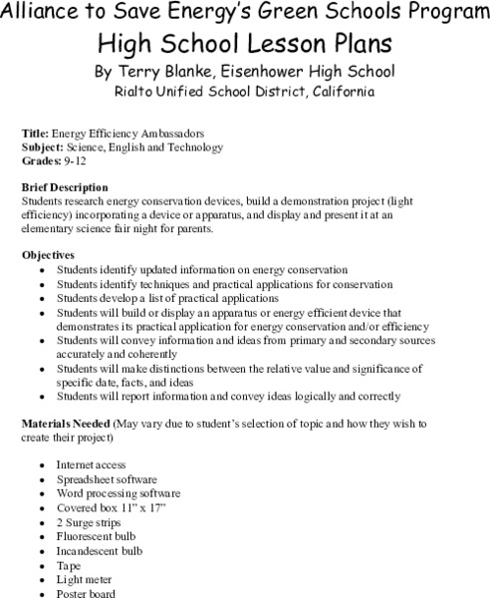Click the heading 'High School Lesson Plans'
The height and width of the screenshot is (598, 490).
[x=244, y=43]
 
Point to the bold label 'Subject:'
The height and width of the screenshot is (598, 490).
[x=42, y=146]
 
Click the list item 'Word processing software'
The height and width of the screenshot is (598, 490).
[x=118, y=493]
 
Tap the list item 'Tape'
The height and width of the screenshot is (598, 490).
[x=69, y=564]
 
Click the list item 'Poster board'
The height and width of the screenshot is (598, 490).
[x=87, y=592]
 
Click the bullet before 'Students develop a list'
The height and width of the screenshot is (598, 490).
[x=40, y=298]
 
